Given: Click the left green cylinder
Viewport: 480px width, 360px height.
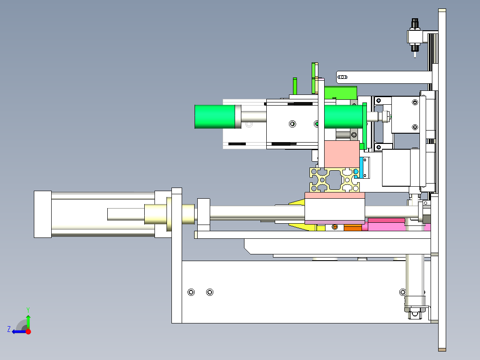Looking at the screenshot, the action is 215,117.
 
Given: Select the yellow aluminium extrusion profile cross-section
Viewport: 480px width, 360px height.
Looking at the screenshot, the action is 334,180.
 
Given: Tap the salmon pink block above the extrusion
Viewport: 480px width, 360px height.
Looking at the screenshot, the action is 342,154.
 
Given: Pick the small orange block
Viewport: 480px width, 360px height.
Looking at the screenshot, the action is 353,228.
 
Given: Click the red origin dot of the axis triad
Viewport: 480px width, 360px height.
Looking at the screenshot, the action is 28,331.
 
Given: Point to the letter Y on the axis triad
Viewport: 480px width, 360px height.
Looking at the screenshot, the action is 28,310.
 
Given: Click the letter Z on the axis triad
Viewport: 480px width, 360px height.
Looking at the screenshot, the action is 9,329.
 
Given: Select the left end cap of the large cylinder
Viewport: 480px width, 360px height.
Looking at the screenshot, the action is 43,214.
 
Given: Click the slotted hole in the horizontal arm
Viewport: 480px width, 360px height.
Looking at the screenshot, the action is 342,77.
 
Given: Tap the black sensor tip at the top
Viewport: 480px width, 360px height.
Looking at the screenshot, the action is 415,23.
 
